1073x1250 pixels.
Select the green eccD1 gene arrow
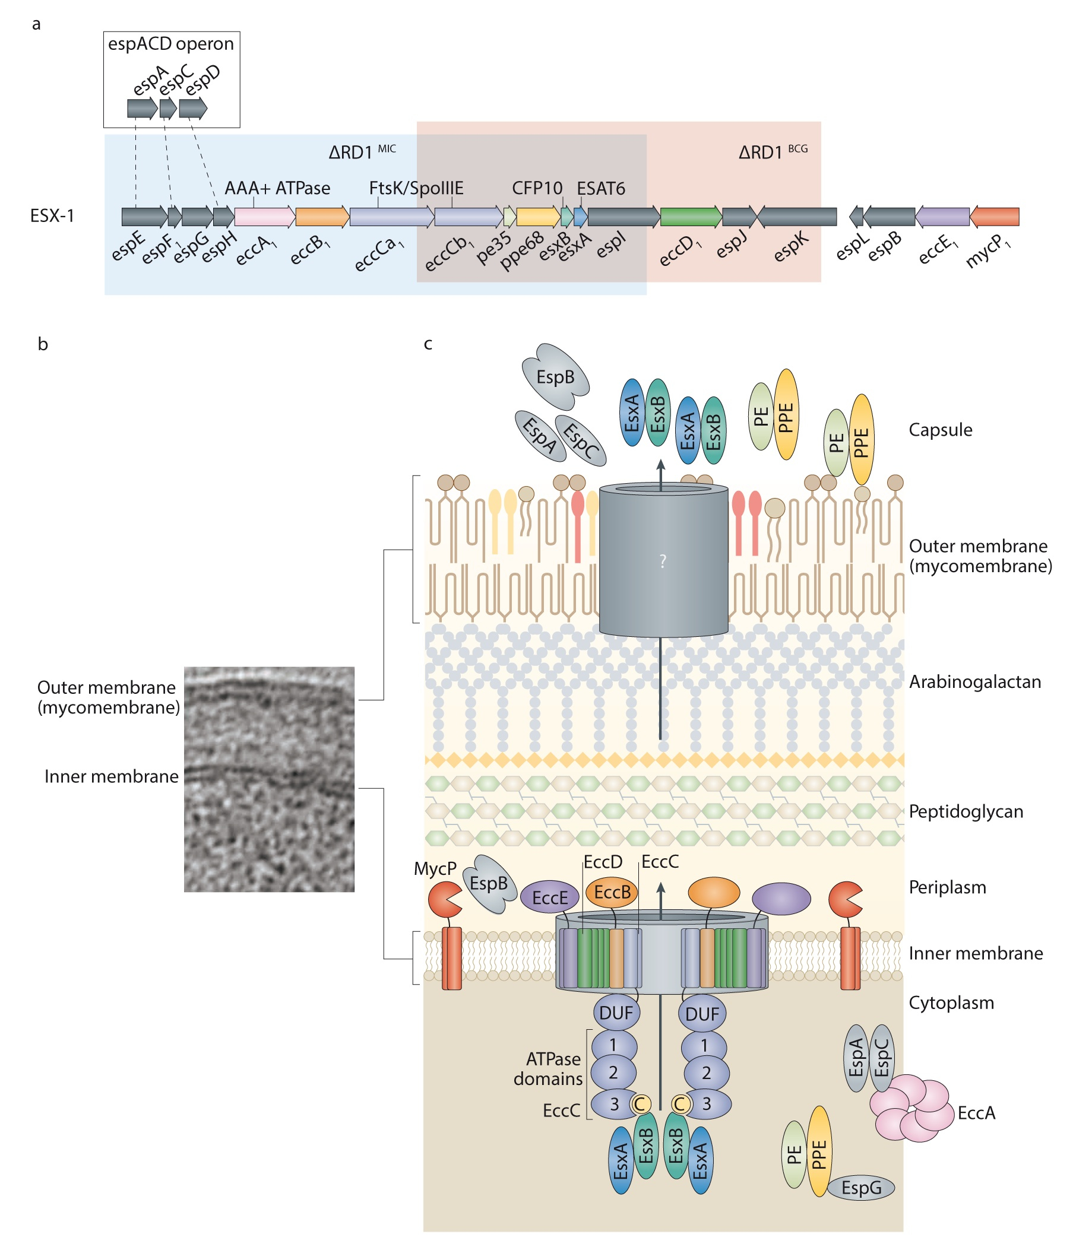[x=691, y=217]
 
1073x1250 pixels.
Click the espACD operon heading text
[x=171, y=44]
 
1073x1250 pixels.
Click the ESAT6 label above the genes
[x=600, y=188]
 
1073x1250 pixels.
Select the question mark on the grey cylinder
[x=663, y=561]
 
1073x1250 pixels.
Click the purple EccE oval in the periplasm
[x=549, y=897]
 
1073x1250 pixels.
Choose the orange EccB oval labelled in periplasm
[x=612, y=892]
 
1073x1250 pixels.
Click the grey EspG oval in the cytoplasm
[x=860, y=1188]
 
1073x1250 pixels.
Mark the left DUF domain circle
[x=616, y=1013]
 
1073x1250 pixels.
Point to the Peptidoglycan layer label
[x=966, y=811]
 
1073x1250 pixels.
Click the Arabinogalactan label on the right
[x=974, y=682]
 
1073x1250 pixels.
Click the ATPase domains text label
[x=547, y=1068]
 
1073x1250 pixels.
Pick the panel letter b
[x=43, y=344]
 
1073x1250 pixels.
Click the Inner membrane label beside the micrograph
[x=112, y=776]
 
